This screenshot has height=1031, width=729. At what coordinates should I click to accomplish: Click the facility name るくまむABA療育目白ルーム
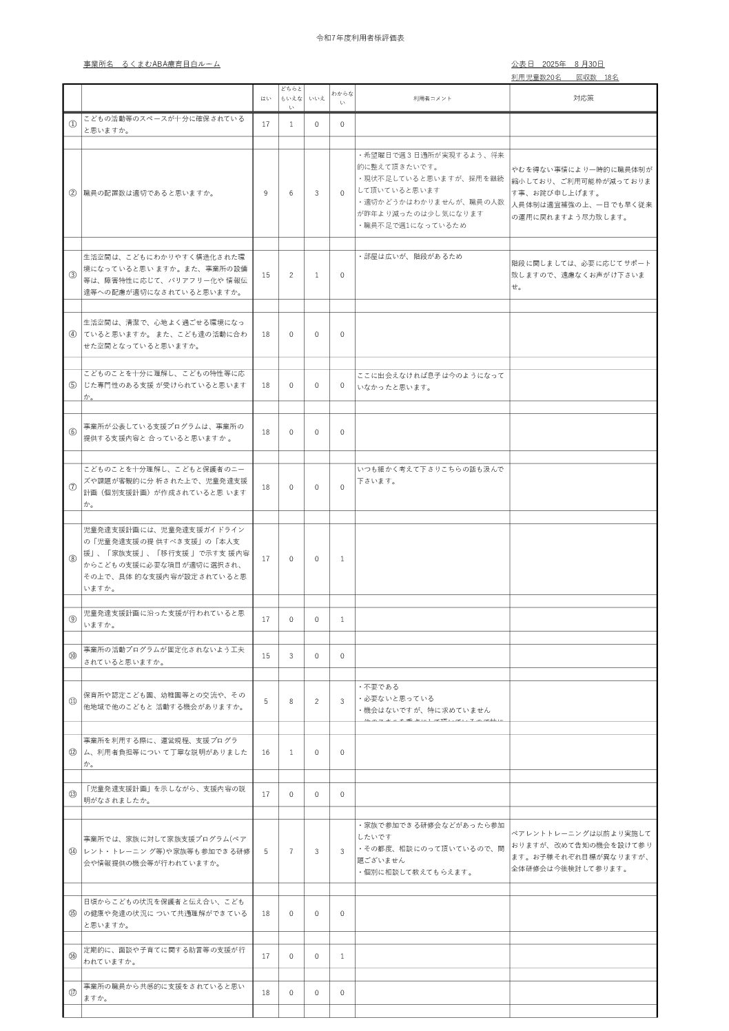tap(171, 64)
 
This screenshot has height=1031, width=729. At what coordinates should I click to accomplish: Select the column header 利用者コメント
tap(432, 98)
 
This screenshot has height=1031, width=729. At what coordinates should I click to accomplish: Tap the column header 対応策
tap(583, 98)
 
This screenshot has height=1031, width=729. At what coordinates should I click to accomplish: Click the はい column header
tap(265, 98)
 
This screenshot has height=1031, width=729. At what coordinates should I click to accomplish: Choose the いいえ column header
tap(316, 98)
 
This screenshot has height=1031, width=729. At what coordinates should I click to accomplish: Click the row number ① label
tap(72, 124)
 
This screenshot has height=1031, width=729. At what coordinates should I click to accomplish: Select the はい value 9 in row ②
tap(265, 194)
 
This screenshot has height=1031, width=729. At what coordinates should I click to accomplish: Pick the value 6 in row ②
tap(291, 194)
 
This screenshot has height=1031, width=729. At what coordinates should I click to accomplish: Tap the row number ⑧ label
tap(72, 559)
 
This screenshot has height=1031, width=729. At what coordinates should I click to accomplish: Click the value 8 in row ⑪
tap(291, 701)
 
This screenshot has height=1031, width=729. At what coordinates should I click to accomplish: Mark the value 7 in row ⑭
tap(291, 851)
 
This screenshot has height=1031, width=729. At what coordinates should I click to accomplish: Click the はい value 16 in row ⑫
tap(265, 752)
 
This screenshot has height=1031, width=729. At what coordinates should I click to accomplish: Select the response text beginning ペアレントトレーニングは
tap(582, 851)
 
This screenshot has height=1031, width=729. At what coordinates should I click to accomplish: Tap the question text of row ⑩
tap(164, 656)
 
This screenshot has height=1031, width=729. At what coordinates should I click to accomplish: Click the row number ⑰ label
tap(72, 992)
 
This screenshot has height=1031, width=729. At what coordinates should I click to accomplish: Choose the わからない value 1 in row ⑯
tap(342, 956)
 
